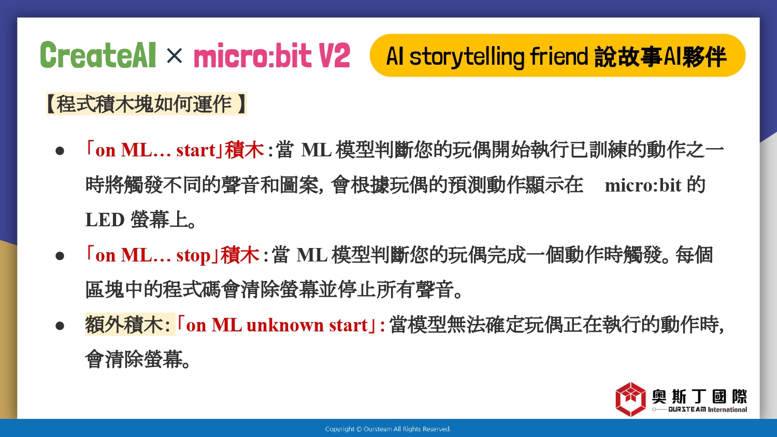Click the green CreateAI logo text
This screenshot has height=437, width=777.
point(98,55)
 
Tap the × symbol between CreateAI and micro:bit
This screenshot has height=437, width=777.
point(174,55)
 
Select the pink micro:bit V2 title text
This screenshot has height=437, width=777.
point(271,55)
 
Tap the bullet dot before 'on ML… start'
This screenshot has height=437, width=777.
point(60,151)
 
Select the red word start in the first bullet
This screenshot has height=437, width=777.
point(196,151)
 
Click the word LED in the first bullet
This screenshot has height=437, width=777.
point(105,220)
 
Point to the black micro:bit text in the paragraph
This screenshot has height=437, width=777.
point(643,185)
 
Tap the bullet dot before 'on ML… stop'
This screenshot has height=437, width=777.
point(60,256)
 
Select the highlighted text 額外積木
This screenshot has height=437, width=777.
point(124,325)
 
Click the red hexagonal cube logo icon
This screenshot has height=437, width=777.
point(630,399)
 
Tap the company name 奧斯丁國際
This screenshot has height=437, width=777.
point(699,397)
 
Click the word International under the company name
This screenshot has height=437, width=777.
point(727,410)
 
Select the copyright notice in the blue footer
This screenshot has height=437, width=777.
point(388,429)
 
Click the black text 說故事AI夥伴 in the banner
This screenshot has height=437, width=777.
point(660,56)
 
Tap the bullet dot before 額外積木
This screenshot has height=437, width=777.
point(60,326)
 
